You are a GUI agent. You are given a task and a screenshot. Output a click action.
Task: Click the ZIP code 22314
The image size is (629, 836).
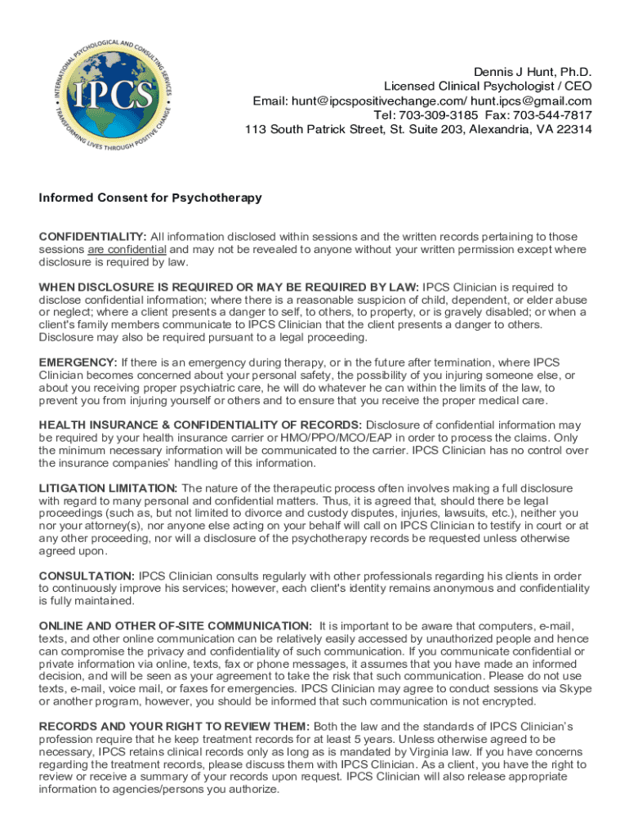pyautogui.click(x=573, y=130)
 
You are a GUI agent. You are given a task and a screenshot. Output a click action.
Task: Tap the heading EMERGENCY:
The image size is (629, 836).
pyautogui.click(x=78, y=362)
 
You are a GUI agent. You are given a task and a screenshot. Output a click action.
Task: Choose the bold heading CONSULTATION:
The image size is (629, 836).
pyautogui.click(x=87, y=576)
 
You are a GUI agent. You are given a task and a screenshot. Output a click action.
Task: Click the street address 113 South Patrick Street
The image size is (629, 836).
pyautogui.click(x=318, y=130)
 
